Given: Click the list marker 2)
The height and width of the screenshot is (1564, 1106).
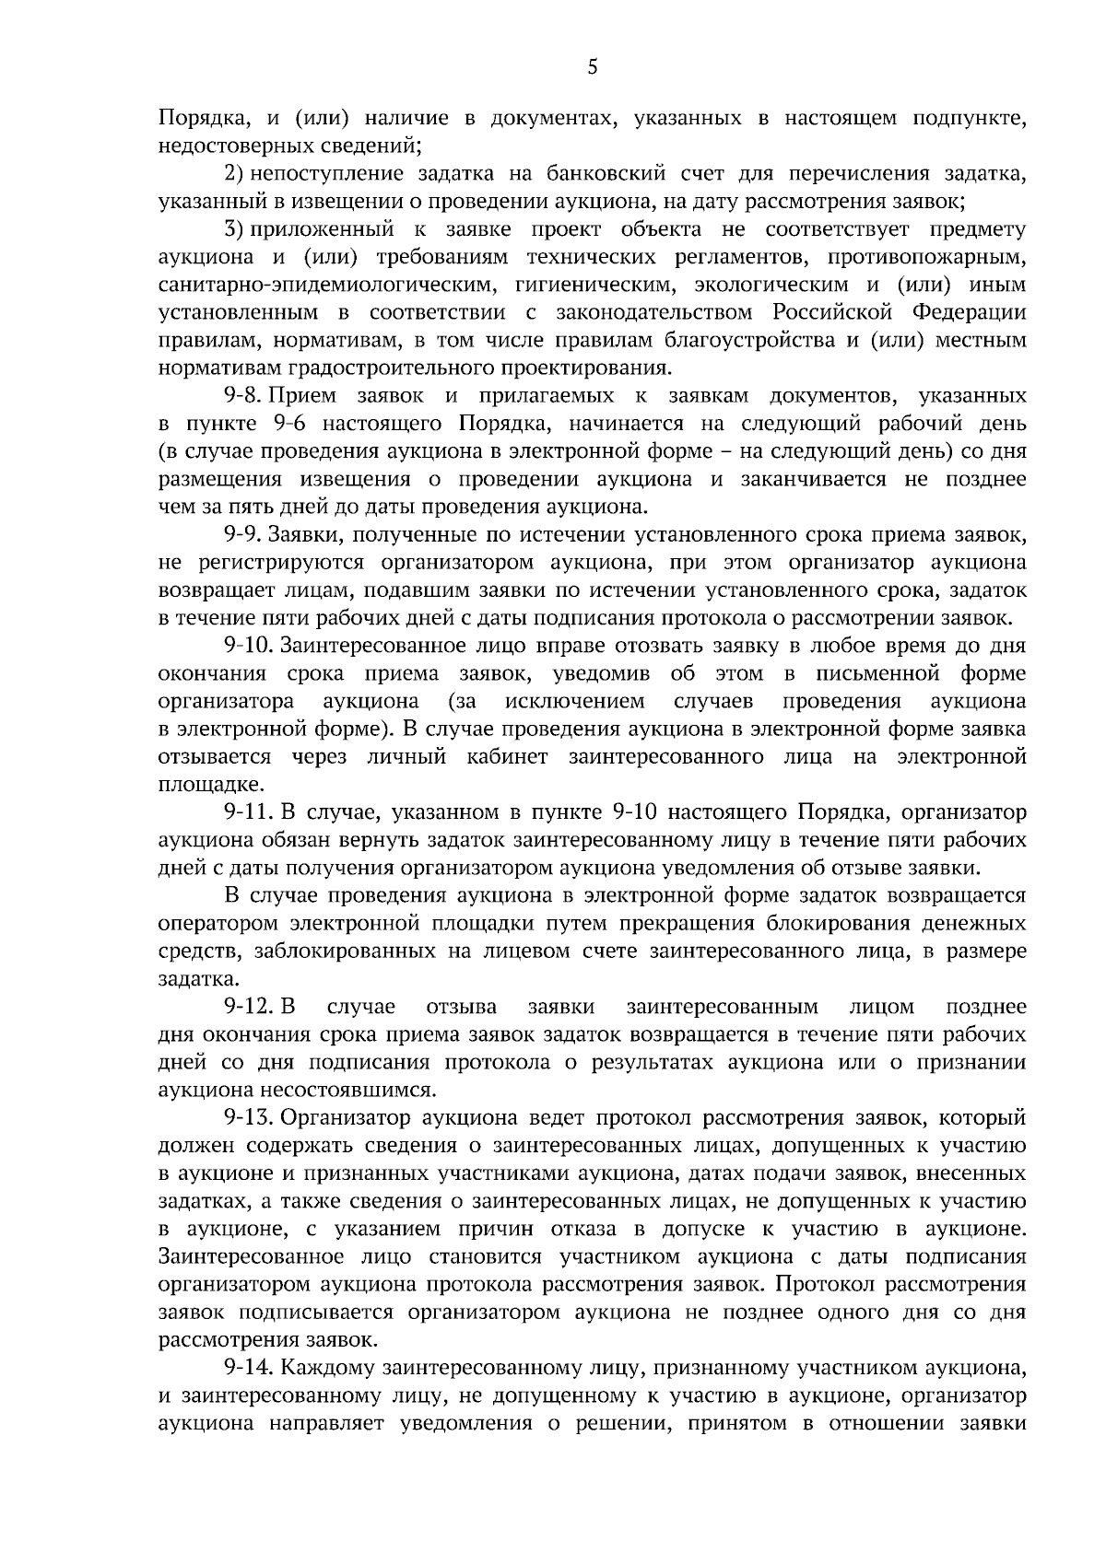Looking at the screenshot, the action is (234, 173).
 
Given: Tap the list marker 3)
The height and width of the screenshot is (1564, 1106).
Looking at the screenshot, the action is (234, 228).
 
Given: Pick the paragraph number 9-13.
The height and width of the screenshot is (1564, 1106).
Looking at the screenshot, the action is (250, 1118).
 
